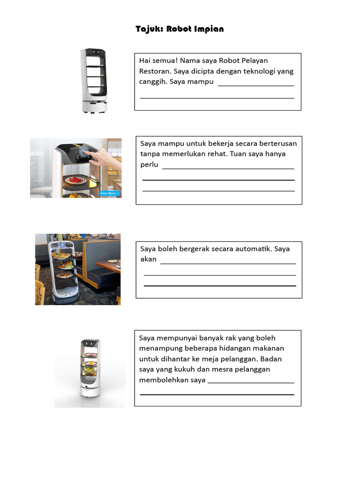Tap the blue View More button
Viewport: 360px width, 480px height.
[110, 193]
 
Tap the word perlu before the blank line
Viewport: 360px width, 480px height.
[150, 165]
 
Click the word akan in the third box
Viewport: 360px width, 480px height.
[148, 259]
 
